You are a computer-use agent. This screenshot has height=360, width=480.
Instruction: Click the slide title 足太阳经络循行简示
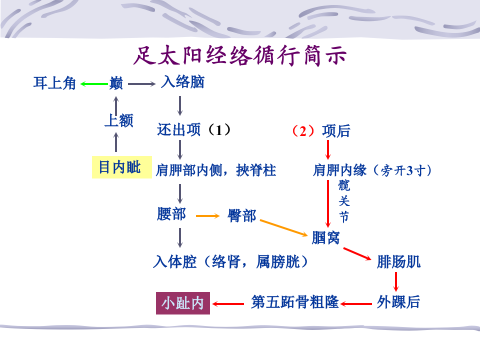click(240, 56)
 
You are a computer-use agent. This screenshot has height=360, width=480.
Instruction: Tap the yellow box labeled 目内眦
click(119, 167)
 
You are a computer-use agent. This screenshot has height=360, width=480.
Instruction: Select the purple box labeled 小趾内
click(183, 303)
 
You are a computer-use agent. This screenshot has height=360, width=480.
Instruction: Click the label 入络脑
click(182, 82)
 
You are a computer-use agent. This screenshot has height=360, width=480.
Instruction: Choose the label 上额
click(118, 120)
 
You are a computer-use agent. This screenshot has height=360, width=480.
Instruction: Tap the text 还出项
click(178, 130)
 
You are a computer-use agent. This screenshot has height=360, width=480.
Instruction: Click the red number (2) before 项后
click(302, 131)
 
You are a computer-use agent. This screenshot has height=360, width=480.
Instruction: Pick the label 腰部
click(171, 214)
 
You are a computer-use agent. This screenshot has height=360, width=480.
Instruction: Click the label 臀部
click(242, 215)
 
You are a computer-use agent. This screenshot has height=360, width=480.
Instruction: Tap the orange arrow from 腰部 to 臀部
click(207, 216)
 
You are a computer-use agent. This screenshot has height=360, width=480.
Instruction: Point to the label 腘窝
click(325, 237)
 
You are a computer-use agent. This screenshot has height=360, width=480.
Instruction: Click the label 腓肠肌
click(398, 261)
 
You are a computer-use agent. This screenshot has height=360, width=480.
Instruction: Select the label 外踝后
click(398, 302)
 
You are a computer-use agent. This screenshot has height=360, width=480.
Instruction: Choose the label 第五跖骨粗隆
click(295, 302)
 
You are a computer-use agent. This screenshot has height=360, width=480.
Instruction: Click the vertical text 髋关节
click(344, 201)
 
